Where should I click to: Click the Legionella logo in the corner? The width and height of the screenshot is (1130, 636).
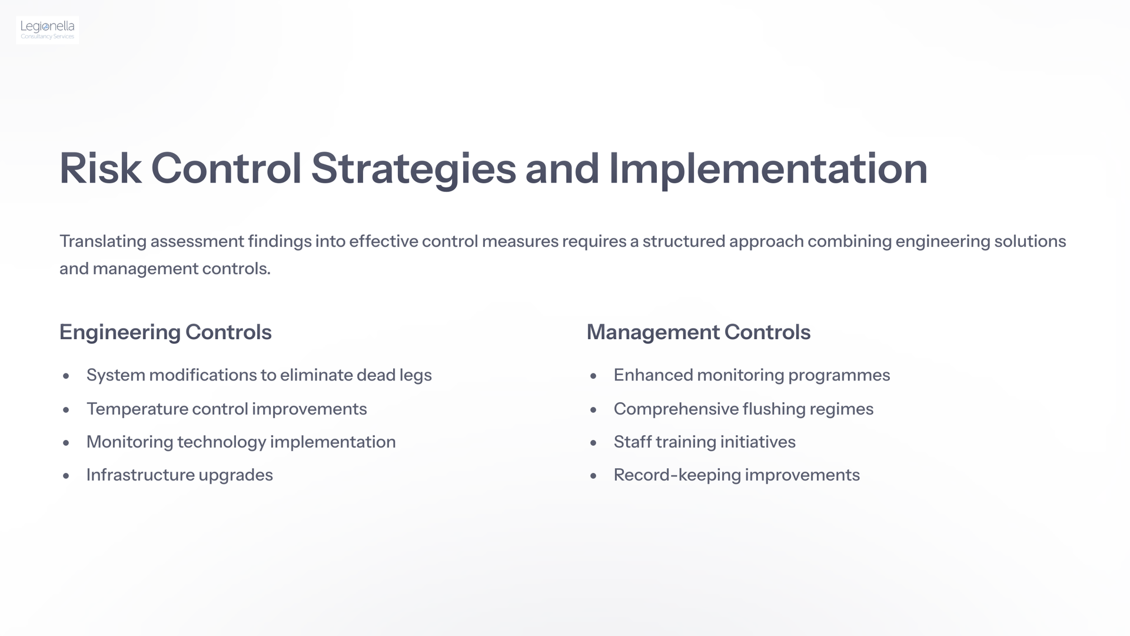click(48, 30)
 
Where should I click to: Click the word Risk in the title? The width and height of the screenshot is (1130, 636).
click(100, 169)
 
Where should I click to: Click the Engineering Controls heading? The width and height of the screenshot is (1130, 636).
click(165, 333)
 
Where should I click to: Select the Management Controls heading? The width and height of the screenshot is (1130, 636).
click(699, 333)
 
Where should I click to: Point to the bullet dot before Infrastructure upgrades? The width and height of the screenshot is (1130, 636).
click(66, 476)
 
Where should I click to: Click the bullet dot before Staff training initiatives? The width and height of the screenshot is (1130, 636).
click(593, 443)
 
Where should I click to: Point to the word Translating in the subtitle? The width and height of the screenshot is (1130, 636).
click(103, 241)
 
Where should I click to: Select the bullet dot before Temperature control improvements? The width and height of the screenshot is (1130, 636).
click(66, 410)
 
